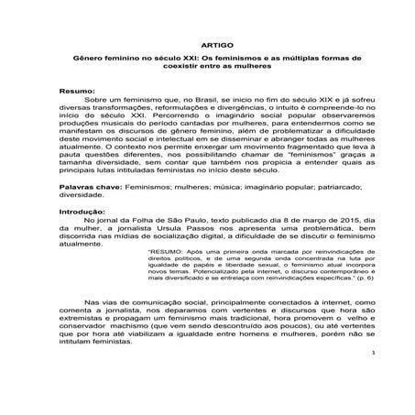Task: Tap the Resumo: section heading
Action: [x=76, y=91]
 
